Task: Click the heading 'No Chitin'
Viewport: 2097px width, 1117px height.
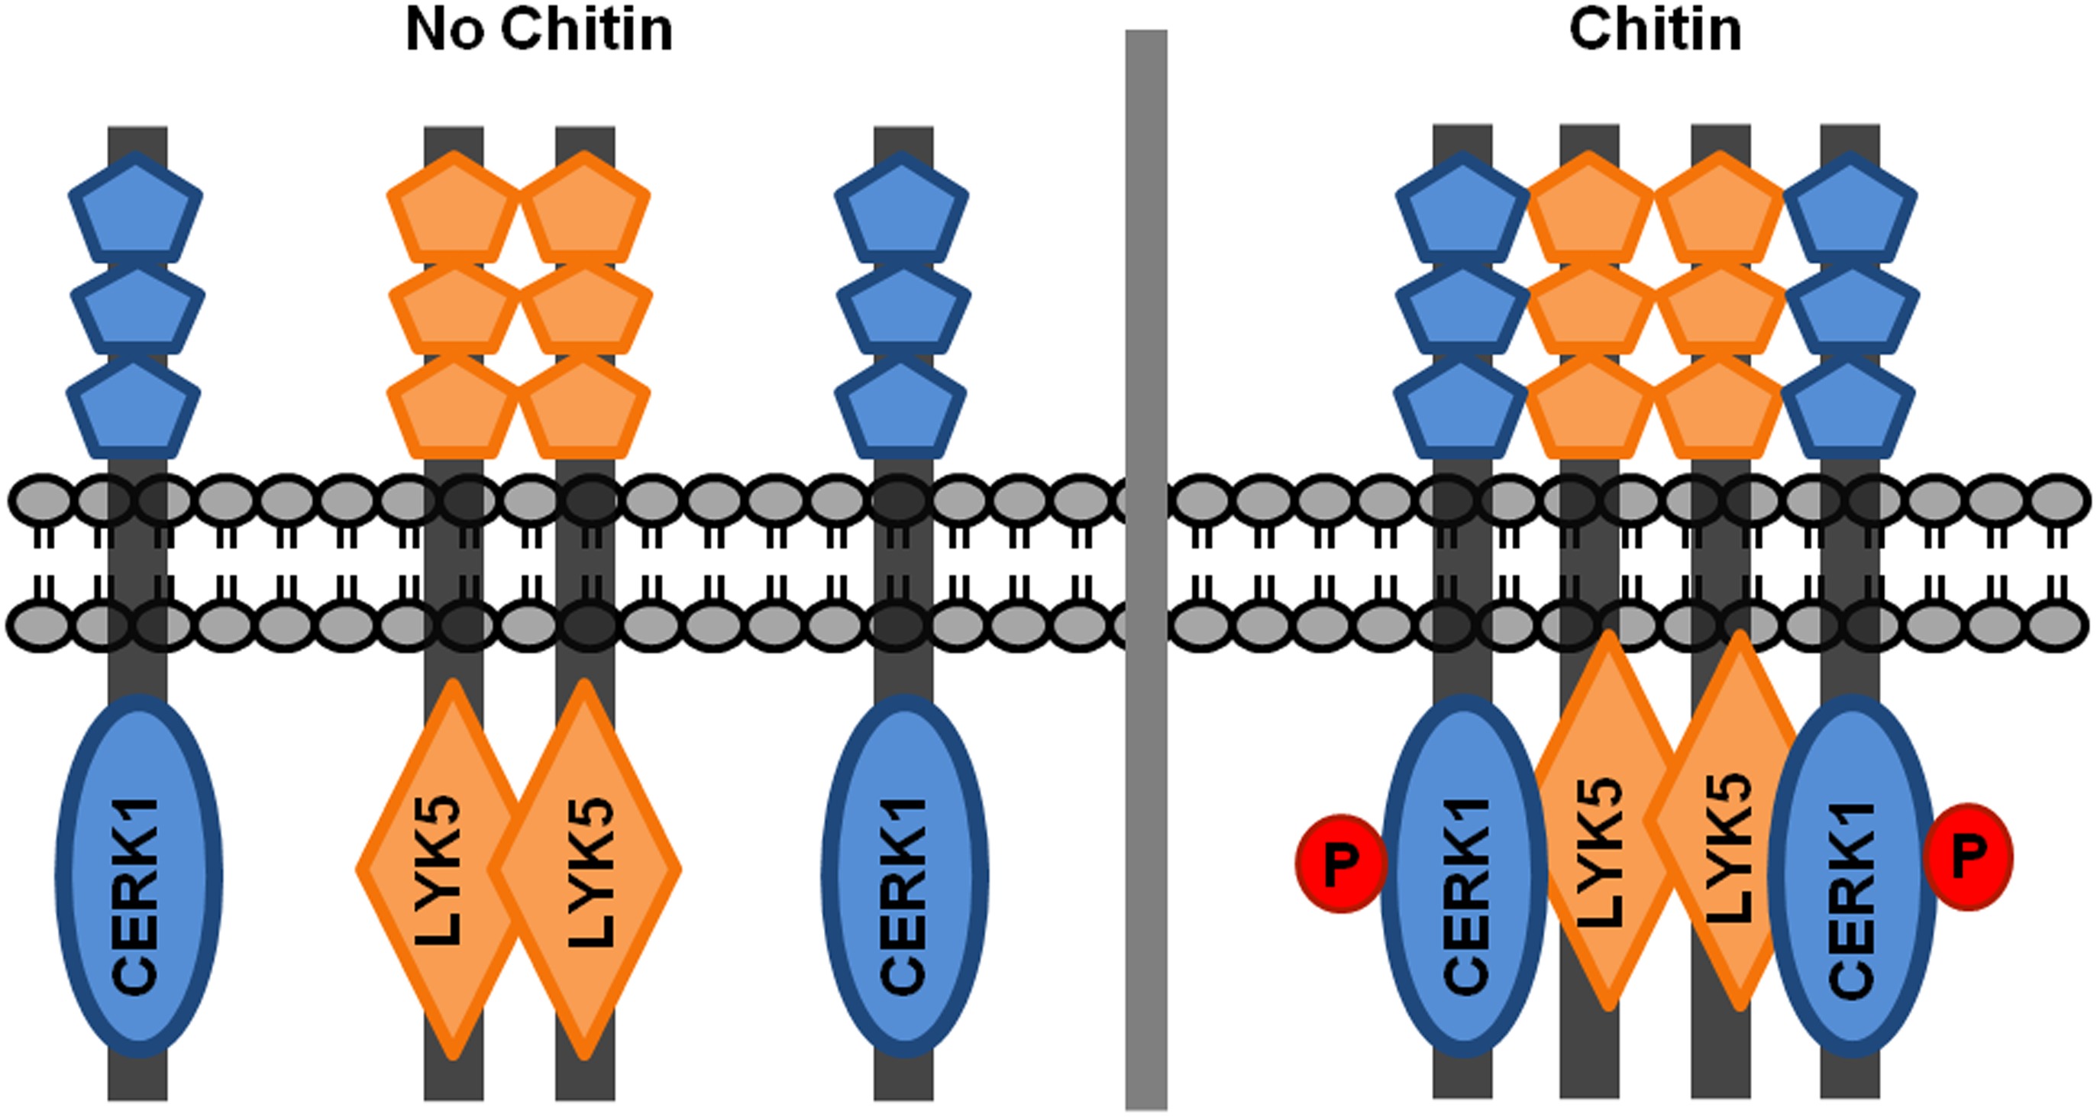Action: pos(539,31)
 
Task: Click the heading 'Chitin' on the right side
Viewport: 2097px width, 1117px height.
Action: pos(1655,31)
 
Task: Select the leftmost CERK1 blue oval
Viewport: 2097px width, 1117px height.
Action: pos(138,875)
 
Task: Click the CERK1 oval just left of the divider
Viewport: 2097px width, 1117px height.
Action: pos(904,875)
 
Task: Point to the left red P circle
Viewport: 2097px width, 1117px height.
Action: pos(1341,863)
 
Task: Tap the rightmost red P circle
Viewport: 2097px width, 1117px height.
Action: pos(1969,857)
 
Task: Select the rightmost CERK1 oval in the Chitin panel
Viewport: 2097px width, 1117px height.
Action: pos(1852,875)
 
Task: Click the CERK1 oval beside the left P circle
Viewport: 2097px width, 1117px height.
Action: pos(1463,875)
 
